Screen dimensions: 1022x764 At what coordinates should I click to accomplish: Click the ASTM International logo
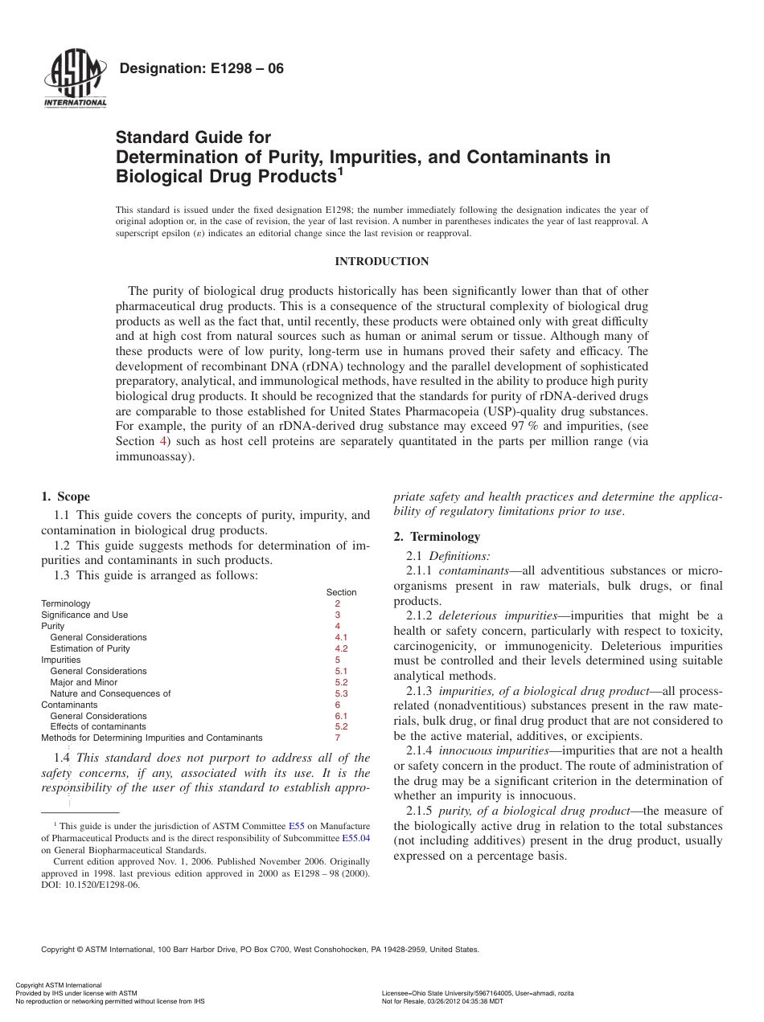tap(75, 78)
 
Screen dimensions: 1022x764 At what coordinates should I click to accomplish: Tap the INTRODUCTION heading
tap(381, 262)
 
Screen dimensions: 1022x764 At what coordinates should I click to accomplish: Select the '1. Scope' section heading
tap(65, 497)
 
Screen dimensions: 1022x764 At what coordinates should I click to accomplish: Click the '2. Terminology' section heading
tap(437, 537)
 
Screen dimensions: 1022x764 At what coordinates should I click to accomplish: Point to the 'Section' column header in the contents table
tap(341, 592)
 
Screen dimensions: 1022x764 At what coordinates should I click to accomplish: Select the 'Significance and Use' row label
tap(84, 615)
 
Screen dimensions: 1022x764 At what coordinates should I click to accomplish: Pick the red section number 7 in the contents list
tap(338, 738)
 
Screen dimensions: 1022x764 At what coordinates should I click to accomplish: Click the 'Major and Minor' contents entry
tap(84, 682)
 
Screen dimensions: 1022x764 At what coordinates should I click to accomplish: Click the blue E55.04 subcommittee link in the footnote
tap(355, 837)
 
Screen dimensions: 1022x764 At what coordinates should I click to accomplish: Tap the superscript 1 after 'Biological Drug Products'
tap(340, 170)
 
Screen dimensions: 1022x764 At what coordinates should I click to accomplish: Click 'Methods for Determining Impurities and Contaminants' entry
tap(152, 738)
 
